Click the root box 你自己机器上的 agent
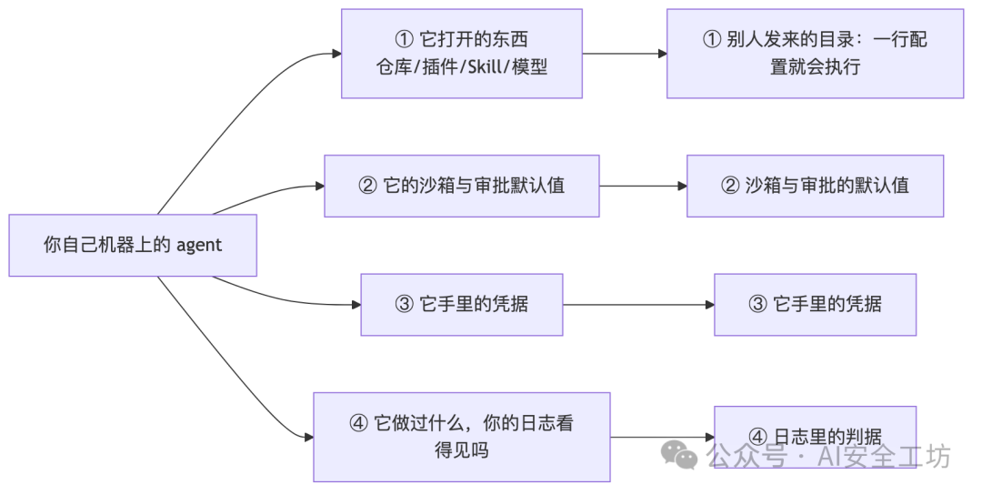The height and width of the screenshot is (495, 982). [x=133, y=245]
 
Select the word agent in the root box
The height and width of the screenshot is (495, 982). [x=198, y=246]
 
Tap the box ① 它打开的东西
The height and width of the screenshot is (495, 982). [x=462, y=54]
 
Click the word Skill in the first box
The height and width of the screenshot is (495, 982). [x=486, y=67]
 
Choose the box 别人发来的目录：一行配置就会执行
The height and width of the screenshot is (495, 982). [x=815, y=54]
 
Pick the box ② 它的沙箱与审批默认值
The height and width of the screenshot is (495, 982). [x=462, y=187]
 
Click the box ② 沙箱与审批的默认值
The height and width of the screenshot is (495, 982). [x=815, y=187]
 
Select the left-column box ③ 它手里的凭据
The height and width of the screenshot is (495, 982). [x=462, y=305]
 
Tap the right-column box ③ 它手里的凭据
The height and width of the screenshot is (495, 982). [x=815, y=305]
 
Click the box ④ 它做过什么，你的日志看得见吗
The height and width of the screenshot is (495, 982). [x=462, y=437]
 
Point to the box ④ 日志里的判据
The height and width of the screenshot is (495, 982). [x=815, y=437]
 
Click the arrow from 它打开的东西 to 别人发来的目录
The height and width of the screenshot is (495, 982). [x=625, y=54]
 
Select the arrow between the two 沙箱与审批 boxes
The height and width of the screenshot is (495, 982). [x=643, y=187]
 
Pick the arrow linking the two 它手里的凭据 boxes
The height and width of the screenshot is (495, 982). [x=639, y=305]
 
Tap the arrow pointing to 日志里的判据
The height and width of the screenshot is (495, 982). [x=663, y=438]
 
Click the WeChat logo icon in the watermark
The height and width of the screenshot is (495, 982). [x=679, y=454]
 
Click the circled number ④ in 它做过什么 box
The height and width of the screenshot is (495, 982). [x=358, y=423]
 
